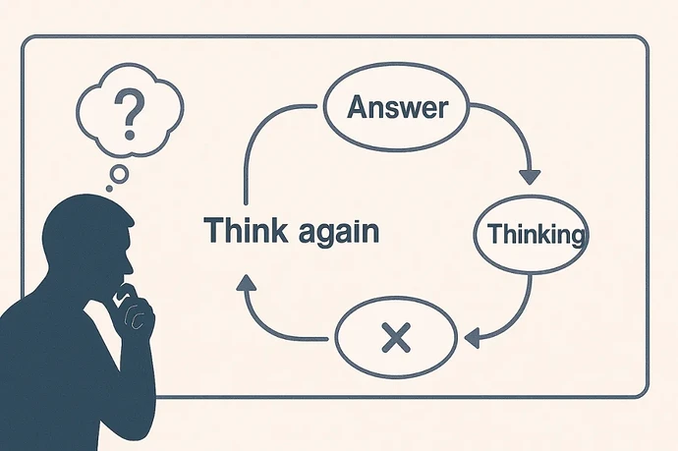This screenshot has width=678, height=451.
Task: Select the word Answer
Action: pos(398,106)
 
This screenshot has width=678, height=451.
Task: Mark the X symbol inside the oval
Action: pos(394,340)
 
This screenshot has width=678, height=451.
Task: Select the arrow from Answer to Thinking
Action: pos(529,175)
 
